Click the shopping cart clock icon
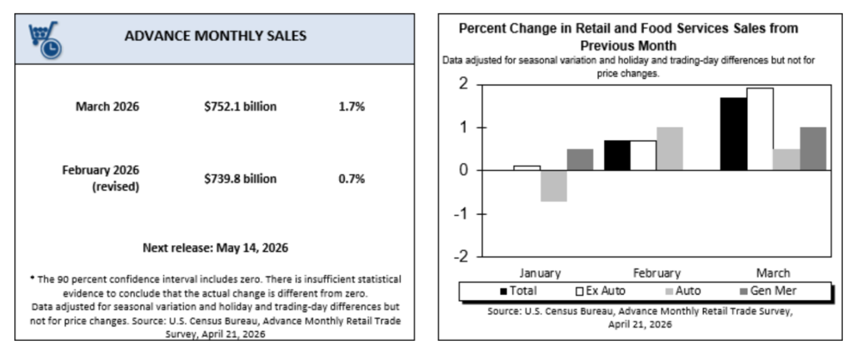(x=44, y=37)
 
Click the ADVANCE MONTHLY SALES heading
(x=215, y=36)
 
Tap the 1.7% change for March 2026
(x=352, y=107)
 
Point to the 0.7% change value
(x=352, y=178)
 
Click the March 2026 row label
(x=107, y=107)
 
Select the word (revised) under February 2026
(x=116, y=187)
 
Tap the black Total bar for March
(x=733, y=134)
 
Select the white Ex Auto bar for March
(x=760, y=129)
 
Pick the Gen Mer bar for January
(x=579, y=159)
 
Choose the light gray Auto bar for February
(x=669, y=148)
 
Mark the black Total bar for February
(x=616, y=155)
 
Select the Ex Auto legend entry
(x=602, y=291)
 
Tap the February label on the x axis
(x=656, y=272)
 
